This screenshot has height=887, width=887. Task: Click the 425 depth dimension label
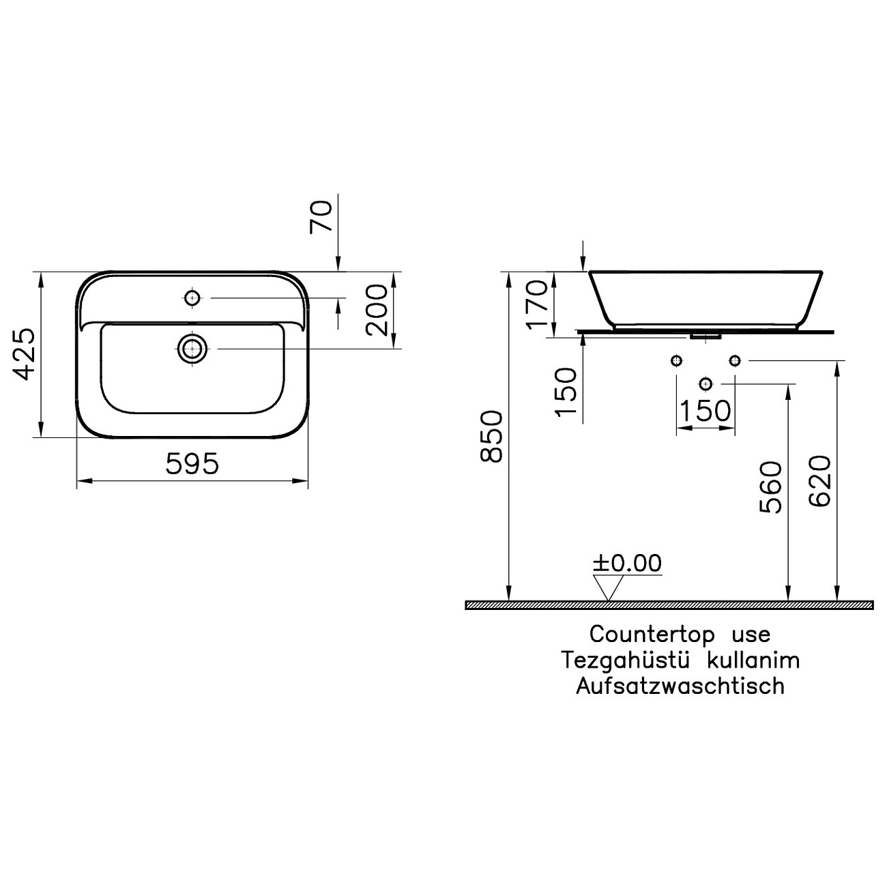23,354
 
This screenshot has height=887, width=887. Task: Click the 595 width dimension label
192,463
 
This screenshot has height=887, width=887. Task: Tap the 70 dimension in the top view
321,217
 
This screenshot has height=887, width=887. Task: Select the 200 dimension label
377,310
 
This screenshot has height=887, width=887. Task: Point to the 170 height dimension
538,305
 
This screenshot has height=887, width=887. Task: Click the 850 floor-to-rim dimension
491,437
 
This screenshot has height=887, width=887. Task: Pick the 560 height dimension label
770,487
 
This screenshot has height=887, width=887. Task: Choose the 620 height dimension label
820,482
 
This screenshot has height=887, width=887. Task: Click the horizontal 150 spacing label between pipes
706,411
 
